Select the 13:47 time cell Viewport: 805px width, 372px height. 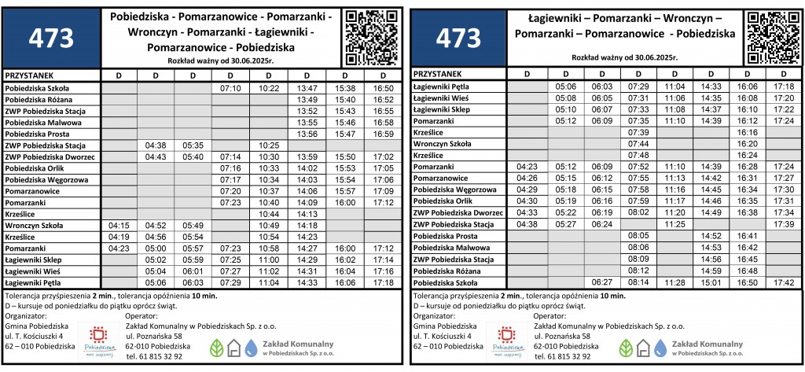(307, 88)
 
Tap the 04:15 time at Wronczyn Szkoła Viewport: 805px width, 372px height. (119, 225)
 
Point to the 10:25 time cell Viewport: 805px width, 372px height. (269, 145)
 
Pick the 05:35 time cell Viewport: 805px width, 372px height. (193, 145)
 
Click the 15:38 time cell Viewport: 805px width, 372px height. (345, 88)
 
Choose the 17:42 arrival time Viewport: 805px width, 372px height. (784, 282)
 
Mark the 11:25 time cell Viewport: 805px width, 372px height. (675, 223)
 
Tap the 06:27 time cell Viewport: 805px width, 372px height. (602, 282)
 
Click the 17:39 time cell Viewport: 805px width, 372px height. (784, 223)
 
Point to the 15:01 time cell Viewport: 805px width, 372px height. (711, 282)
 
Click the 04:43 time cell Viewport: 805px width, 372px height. (155, 157)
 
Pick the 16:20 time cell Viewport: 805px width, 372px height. (748, 144)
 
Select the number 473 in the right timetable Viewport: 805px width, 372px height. (457, 38)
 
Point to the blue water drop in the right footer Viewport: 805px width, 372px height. (661, 347)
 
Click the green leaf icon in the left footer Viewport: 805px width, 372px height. (216, 347)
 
